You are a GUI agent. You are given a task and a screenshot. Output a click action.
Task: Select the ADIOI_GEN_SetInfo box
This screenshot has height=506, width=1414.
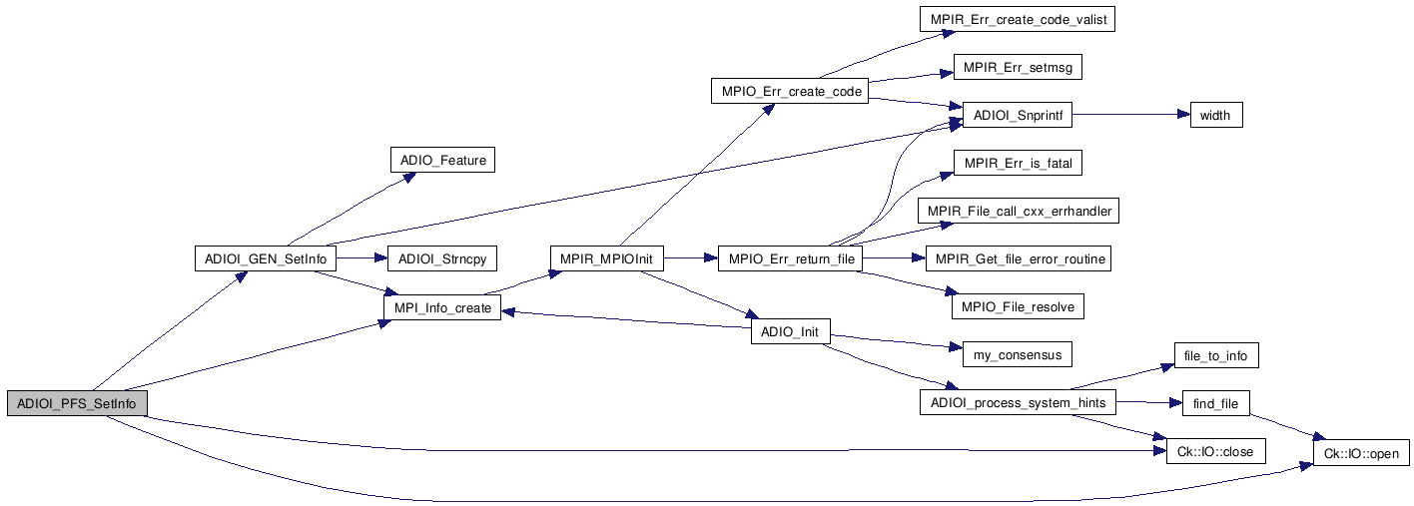pos(264,259)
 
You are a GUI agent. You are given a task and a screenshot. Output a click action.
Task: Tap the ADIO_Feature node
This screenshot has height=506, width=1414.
pos(442,160)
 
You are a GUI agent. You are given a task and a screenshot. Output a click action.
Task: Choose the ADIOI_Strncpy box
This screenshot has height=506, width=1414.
pos(442,259)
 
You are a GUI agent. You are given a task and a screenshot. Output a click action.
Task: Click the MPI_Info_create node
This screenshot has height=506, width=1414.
pos(442,308)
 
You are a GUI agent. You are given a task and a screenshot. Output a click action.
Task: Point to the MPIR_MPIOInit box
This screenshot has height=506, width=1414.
pos(606,259)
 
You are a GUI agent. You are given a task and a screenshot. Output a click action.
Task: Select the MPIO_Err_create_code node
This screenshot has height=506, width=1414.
pos(789,92)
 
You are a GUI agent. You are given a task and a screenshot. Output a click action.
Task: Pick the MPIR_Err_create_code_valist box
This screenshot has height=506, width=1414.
pos(1017,19)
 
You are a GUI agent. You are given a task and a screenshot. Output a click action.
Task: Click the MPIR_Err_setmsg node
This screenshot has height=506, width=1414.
pos(1018,68)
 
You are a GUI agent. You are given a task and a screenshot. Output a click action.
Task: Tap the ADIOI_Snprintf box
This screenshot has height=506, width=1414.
pos(1017,116)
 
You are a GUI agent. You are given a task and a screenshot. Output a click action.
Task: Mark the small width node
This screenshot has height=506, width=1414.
pos(1214,116)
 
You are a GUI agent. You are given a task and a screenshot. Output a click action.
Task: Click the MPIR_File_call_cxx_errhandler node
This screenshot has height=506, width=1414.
pos(1018,212)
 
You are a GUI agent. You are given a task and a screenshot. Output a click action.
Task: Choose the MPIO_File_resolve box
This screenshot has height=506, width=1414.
pos(1018,307)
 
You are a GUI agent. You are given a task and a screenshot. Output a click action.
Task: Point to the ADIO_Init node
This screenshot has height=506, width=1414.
pos(790,332)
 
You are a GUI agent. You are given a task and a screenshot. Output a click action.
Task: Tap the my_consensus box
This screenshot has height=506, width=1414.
pos(1018,355)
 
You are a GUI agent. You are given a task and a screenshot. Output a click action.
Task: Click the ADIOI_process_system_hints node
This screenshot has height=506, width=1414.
pos(1018,403)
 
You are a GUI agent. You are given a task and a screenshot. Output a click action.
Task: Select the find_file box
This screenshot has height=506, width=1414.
pos(1215,403)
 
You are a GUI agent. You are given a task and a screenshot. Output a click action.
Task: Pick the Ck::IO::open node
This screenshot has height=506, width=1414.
pos(1362,452)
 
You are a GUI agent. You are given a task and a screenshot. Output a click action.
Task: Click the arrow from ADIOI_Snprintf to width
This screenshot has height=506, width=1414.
pos(1128,116)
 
